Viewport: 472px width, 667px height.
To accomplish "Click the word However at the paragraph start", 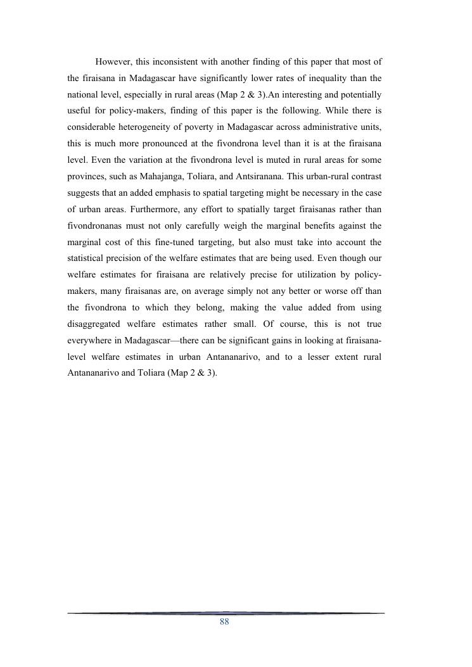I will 114,62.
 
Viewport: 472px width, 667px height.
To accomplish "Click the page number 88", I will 224,623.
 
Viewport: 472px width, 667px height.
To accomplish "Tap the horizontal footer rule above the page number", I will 226,613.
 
